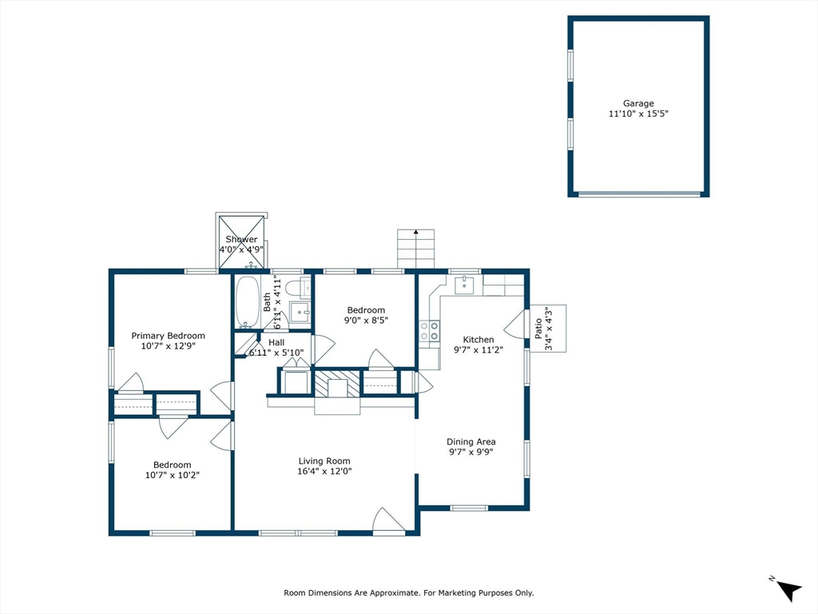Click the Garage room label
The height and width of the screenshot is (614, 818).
(x=638, y=103)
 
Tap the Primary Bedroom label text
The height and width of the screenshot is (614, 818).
(x=168, y=336)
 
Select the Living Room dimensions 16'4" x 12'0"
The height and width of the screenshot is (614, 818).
(x=324, y=471)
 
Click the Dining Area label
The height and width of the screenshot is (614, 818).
(x=471, y=441)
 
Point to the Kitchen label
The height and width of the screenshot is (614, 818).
(x=478, y=339)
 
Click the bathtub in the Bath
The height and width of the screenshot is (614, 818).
(x=247, y=301)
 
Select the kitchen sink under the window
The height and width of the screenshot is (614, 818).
(x=464, y=285)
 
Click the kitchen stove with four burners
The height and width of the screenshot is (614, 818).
(x=429, y=331)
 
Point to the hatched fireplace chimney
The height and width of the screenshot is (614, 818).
(x=338, y=384)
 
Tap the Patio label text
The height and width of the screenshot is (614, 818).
(x=539, y=329)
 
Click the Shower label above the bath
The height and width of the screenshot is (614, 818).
(x=241, y=240)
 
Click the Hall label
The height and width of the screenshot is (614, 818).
(x=276, y=342)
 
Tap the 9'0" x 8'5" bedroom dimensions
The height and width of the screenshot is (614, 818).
(x=366, y=320)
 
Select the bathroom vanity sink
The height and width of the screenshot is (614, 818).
(x=300, y=313)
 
